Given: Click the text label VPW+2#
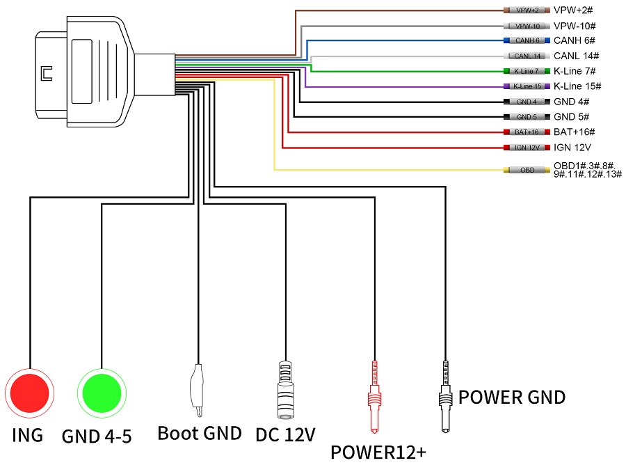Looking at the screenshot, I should [x=572, y=10].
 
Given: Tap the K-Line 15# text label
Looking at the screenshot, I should [x=577, y=86].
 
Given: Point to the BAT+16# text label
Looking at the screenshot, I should [x=575, y=132].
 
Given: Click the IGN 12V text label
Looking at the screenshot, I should [x=572, y=148].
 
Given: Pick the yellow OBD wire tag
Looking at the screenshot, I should [x=527, y=169].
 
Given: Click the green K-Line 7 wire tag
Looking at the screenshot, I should [x=527, y=71].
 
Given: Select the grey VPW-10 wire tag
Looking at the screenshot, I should [x=527, y=26].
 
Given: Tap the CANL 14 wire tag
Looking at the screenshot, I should [x=527, y=56].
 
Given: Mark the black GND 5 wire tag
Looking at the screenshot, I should [x=527, y=117].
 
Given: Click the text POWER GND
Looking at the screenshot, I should [x=511, y=398].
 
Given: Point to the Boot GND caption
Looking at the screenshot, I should [x=200, y=433].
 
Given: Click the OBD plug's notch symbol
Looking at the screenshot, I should [x=47, y=72].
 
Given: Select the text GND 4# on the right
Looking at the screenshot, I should [x=572, y=102].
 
